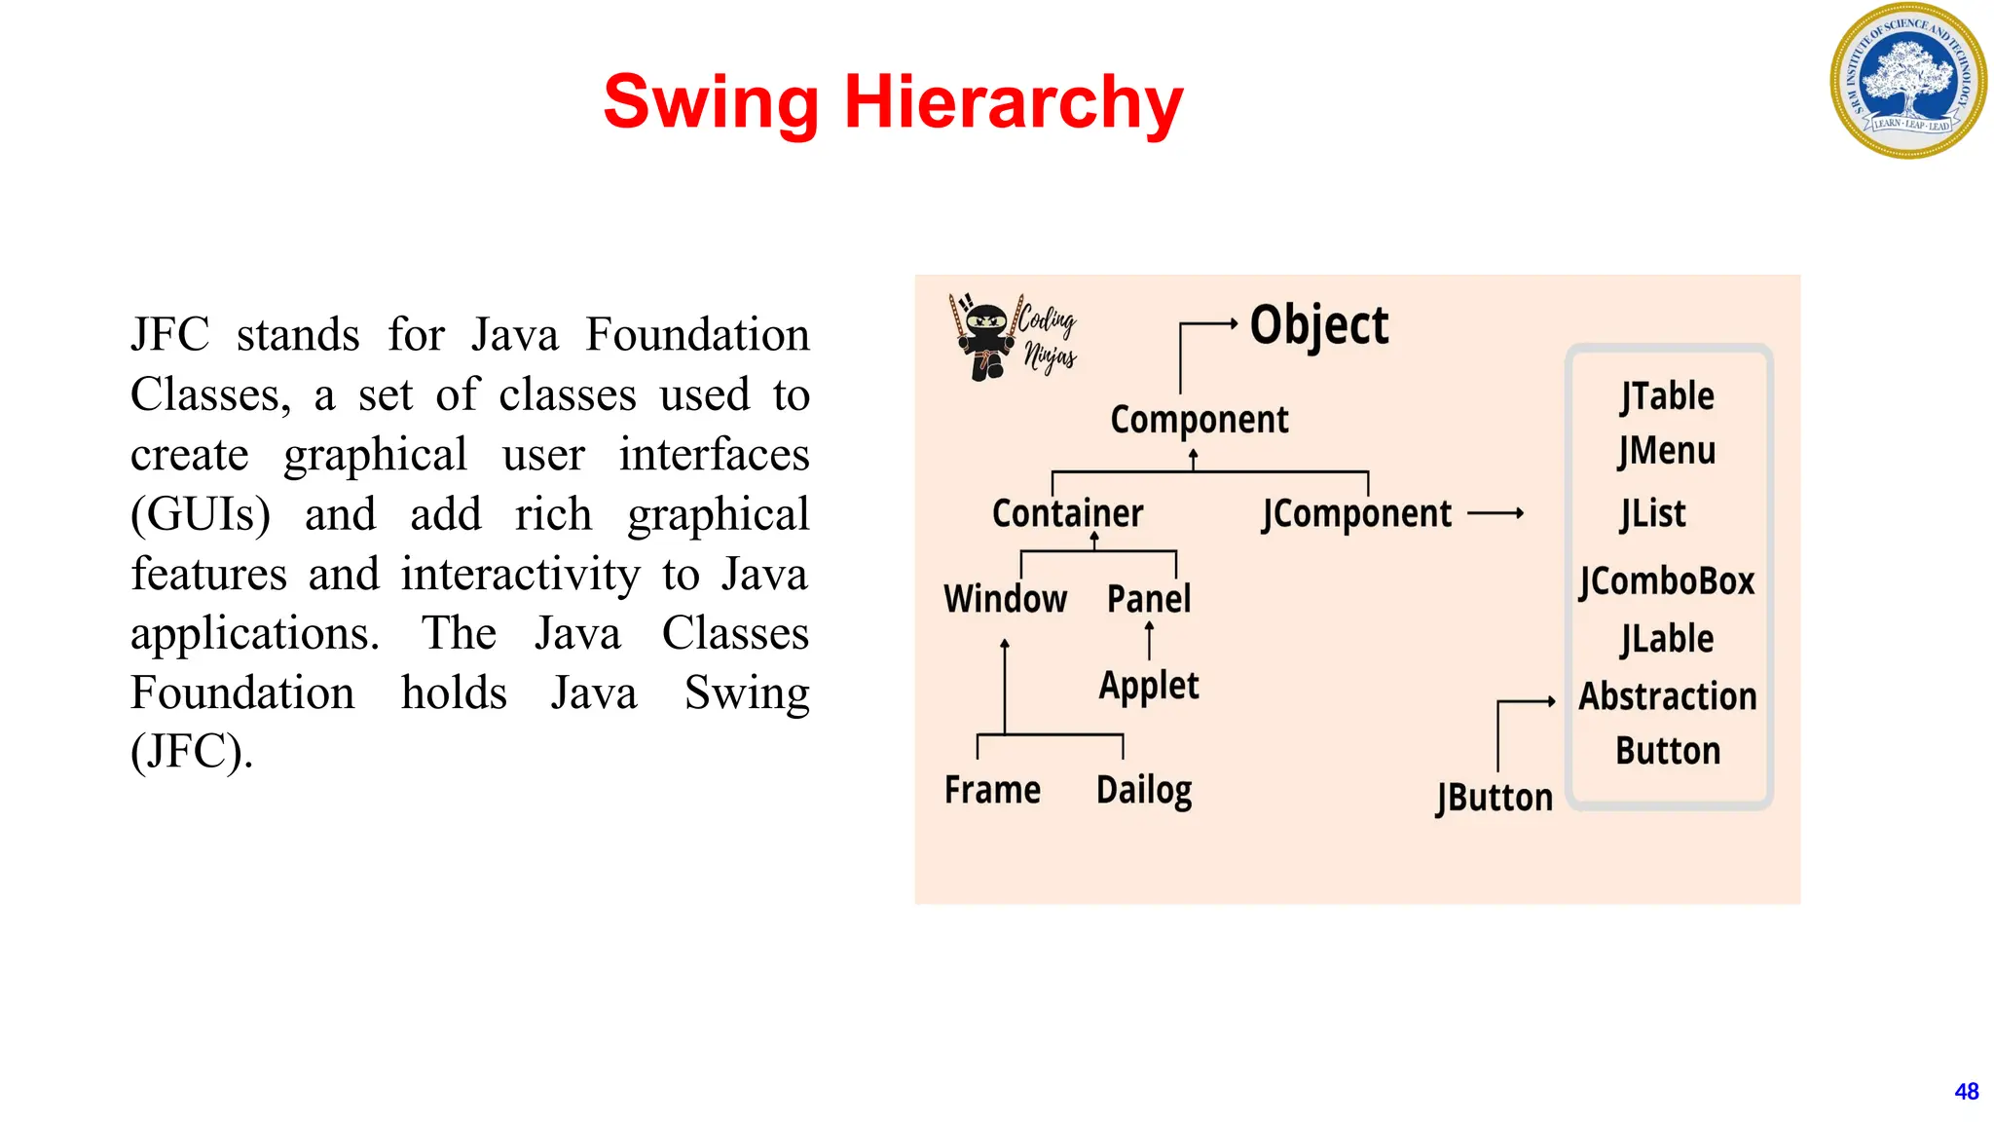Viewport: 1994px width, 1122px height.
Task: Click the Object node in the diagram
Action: [1318, 325]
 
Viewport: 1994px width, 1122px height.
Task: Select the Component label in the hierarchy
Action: [1199, 420]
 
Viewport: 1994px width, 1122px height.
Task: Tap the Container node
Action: [1067, 513]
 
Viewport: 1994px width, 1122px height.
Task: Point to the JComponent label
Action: [1356, 514]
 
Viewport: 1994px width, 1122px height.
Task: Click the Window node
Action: [1005, 598]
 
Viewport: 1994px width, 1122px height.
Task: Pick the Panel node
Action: [1149, 598]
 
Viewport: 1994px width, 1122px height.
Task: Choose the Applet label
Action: [1149, 686]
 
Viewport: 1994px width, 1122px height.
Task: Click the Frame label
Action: [992, 789]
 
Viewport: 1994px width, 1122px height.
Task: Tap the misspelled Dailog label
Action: [1144, 790]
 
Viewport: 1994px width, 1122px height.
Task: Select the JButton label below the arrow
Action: [1495, 798]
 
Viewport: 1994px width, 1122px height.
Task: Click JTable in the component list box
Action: [1667, 396]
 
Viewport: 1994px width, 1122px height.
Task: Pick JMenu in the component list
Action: [1667, 451]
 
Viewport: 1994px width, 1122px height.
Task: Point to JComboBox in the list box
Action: [1667, 581]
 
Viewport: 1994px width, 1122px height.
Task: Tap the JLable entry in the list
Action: [1667, 639]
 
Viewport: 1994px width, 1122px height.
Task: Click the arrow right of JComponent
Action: [1495, 513]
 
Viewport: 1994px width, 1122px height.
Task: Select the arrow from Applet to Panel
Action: [1149, 640]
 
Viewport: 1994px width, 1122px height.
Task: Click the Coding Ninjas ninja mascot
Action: [986, 337]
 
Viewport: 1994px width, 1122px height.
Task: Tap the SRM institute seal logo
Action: [1908, 81]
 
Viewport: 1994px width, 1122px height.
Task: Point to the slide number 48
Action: [1966, 1092]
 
